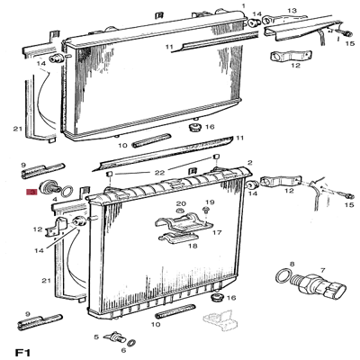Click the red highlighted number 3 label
click(31, 192)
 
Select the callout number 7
click(321, 269)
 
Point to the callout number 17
click(217, 232)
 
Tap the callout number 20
click(180, 203)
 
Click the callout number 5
click(95, 337)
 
